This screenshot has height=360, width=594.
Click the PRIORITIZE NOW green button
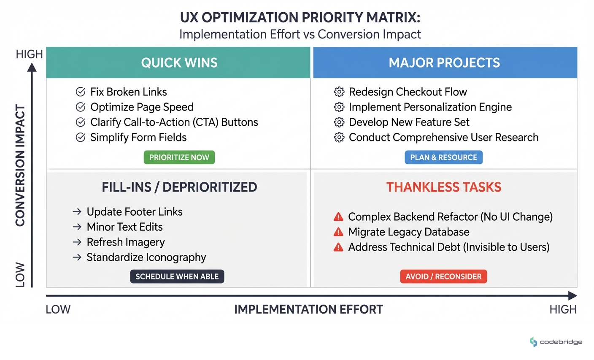click(179, 157)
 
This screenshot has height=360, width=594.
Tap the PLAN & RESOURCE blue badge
click(443, 157)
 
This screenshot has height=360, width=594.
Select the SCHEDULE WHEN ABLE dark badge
click(177, 276)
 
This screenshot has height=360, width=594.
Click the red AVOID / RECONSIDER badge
click(443, 276)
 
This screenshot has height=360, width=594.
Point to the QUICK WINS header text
click(179, 63)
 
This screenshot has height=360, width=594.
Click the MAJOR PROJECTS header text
click(444, 63)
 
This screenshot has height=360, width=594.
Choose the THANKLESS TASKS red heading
click(444, 187)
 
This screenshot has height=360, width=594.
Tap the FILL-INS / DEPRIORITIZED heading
click(179, 187)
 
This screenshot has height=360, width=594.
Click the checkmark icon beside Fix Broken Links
click(81, 92)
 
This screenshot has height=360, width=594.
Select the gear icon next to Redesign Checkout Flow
click(339, 92)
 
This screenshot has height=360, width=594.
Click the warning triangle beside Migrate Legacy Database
click(338, 232)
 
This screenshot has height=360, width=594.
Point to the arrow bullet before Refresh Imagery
click(77, 242)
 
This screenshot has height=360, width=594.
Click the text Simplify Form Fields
click(138, 138)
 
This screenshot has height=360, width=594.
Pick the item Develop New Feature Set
click(409, 122)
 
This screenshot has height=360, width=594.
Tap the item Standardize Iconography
click(146, 257)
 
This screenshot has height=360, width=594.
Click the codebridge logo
click(556, 342)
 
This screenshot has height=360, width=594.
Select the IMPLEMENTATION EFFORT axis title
click(308, 309)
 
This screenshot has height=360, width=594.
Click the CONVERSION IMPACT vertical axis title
click(20, 165)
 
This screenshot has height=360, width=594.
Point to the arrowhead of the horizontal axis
click(572, 295)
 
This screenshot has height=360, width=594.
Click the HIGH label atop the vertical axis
click(29, 54)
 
